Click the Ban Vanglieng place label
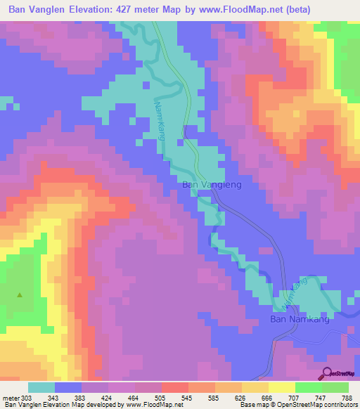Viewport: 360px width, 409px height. [x=212, y=185]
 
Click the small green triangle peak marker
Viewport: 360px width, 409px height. [x=20, y=295]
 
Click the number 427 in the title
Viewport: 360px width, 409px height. [x=123, y=11]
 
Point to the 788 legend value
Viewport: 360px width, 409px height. [x=347, y=397]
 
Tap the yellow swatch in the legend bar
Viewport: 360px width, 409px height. [x=281, y=387]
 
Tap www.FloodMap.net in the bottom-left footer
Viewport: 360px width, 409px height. [x=151, y=405]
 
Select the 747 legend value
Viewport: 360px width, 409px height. [x=319, y=397]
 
